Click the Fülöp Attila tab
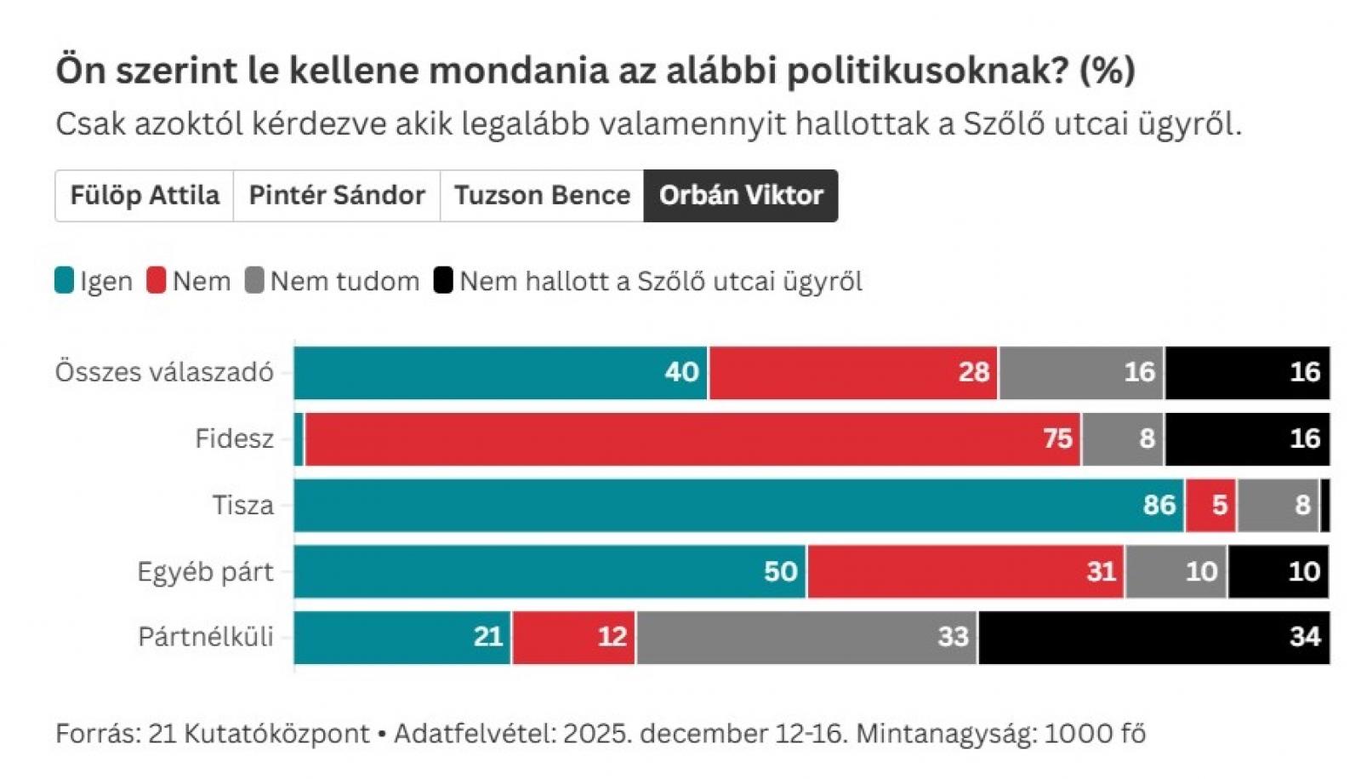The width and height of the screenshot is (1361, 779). [x=145, y=196]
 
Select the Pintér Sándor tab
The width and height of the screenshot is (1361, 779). [x=337, y=196]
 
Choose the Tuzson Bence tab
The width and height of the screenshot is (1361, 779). [x=542, y=196]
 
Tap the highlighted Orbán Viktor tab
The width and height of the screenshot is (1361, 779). [x=741, y=196]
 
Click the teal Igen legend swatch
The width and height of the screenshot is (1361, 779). [x=65, y=281]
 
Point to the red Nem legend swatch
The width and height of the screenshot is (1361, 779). [x=157, y=281]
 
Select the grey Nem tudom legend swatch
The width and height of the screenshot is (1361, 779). [x=254, y=281]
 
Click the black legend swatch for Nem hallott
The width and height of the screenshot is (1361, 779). [x=443, y=281]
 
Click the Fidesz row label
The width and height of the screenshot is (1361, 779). [x=234, y=439]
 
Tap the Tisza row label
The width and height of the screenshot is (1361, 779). [x=242, y=506]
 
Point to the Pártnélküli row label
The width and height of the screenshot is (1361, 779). [x=206, y=637]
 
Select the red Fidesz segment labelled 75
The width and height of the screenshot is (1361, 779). [x=692, y=439]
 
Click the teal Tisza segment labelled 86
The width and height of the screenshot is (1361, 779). [x=738, y=506]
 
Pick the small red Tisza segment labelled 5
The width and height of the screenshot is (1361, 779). [x=1210, y=506]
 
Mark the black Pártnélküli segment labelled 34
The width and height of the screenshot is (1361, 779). [x=1153, y=637]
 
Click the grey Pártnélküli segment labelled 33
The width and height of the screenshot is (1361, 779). [x=806, y=637]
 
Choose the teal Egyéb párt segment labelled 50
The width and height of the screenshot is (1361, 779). [x=550, y=571]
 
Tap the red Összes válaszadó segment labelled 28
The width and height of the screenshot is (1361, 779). [x=854, y=373]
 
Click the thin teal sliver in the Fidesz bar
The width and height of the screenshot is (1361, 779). [x=299, y=439]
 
